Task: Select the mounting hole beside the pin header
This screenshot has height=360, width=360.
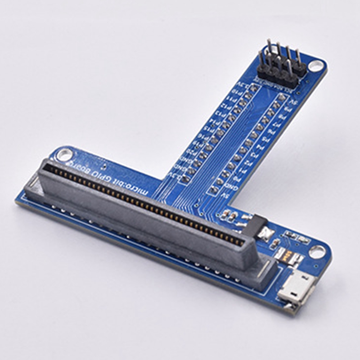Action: [x=317, y=66]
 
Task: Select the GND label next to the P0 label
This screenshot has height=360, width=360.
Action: [x=231, y=186]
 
